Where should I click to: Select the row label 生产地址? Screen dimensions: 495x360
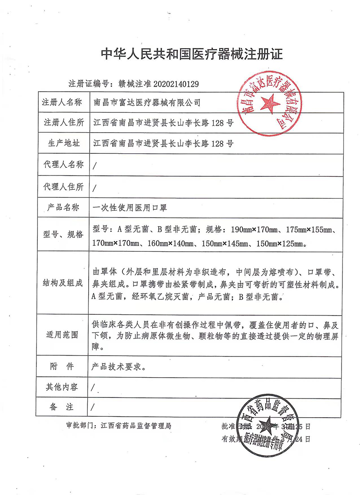tap(63, 143)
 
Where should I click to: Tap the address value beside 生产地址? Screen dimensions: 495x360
tap(162, 143)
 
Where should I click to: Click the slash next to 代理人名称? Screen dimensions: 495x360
tap(94, 165)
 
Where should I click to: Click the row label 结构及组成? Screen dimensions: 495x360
tap(63, 283)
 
